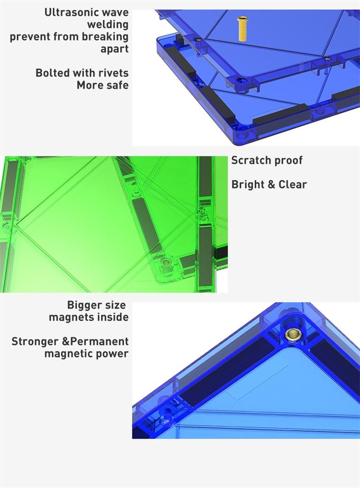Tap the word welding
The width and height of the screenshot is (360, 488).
pyautogui.click(x=108, y=24)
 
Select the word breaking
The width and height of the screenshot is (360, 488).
pyautogui.click(x=105, y=37)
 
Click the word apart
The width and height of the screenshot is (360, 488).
pyautogui.click(x=114, y=49)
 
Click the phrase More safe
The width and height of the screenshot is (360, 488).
pyautogui.click(x=103, y=85)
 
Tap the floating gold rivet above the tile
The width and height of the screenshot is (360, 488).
pyautogui.click(x=242, y=29)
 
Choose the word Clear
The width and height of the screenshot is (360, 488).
pyautogui.click(x=292, y=185)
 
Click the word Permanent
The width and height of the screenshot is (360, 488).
pyautogui.click(x=99, y=342)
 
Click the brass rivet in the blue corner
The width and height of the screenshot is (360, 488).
pyautogui.click(x=292, y=334)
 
